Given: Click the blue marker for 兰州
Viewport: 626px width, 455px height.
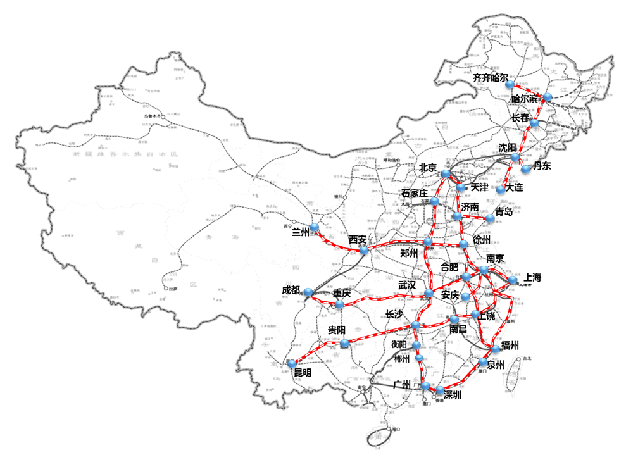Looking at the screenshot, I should [x=315, y=227].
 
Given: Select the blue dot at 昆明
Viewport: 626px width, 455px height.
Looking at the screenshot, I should [x=292, y=365].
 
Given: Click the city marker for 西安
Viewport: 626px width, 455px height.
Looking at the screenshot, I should [x=364, y=251].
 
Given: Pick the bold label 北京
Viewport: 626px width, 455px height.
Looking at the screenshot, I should [x=428, y=168].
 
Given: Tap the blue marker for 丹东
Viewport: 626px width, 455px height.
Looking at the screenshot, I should [x=526, y=169].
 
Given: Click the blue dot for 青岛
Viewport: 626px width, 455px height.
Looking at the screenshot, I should [x=490, y=218].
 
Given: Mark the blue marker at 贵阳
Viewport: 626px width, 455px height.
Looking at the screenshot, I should [x=344, y=344].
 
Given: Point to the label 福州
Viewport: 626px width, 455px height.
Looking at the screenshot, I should [x=510, y=346].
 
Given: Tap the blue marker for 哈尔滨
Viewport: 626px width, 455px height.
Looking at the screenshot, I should [x=548, y=97].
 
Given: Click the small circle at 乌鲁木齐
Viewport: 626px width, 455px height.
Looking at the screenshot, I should [x=163, y=117].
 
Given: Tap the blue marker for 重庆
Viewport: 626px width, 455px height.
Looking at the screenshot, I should [x=340, y=304].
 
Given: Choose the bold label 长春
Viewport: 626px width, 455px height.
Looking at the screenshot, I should [x=523, y=118].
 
